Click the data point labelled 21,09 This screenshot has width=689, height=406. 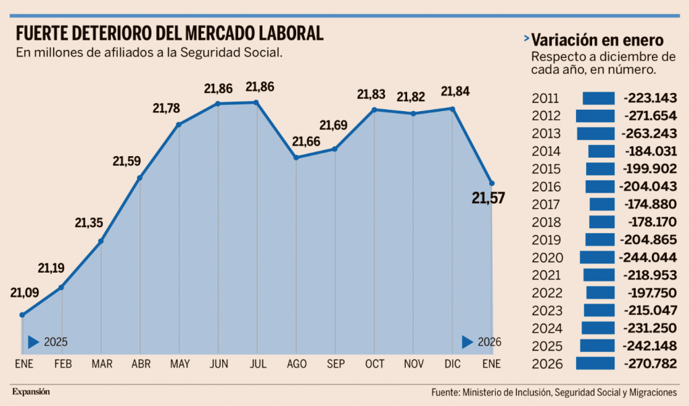23,314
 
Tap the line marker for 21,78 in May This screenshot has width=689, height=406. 179,125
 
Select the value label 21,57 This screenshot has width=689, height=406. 488,198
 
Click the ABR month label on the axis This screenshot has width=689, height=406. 140,364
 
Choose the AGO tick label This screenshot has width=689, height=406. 297,364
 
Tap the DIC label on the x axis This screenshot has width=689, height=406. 453,364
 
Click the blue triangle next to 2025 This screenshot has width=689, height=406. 34,342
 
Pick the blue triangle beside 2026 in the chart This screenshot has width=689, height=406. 468,342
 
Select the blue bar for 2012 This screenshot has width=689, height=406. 595,116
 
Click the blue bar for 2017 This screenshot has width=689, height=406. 602,204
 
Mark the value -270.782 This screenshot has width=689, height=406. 650,364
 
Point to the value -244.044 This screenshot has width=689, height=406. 650,257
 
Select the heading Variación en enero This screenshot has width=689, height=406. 597,39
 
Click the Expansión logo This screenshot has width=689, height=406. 31,391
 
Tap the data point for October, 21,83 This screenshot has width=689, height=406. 375,109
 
